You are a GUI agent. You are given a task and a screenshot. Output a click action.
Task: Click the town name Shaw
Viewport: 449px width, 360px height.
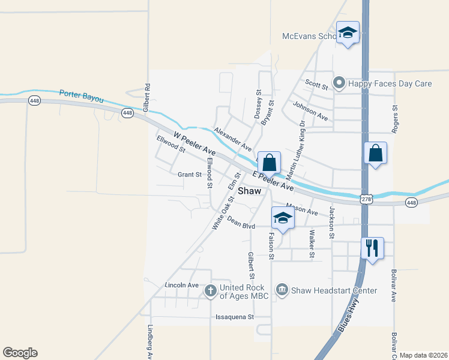(250, 191)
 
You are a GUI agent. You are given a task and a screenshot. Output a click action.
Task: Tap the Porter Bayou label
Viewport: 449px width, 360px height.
(81, 96)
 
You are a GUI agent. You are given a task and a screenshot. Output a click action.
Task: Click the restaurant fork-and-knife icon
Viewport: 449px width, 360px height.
(373, 247)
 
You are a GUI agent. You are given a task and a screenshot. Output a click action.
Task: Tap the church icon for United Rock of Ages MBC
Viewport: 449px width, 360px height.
(210, 292)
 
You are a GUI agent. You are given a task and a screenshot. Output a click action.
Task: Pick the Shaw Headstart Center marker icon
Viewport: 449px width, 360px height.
(282, 291)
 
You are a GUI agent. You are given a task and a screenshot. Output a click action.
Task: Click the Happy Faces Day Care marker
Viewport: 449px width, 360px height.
(339, 83)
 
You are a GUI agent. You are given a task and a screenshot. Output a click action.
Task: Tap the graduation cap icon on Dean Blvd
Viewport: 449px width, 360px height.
(283, 217)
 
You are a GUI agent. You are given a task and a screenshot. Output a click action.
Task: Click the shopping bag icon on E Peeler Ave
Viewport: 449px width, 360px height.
(270, 162)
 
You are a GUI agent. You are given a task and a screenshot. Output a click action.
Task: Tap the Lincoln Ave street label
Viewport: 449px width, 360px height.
(181, 285)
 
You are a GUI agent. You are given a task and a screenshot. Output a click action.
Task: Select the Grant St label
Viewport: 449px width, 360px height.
(190, 175)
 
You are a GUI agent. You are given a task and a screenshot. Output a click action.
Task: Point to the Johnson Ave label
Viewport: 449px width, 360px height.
(310, 110)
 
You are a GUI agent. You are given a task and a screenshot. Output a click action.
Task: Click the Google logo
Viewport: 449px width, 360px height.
(20, 353)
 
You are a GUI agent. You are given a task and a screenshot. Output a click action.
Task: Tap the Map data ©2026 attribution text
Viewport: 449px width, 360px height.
(423, 355)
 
